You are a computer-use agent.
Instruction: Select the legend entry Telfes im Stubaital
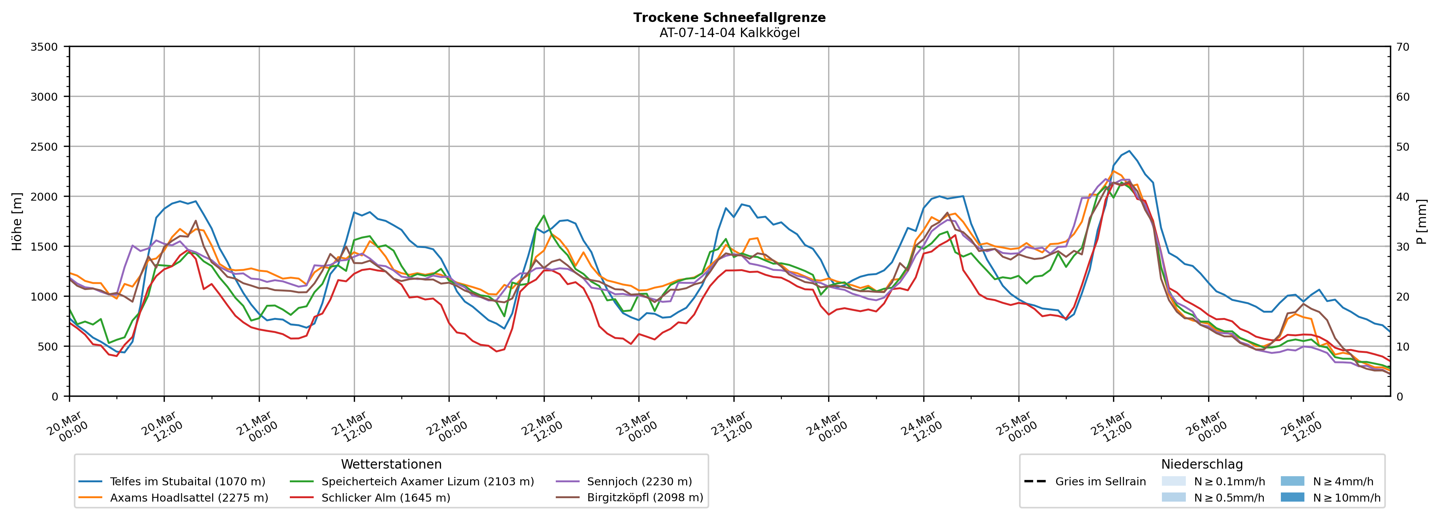click(x=187, y=482)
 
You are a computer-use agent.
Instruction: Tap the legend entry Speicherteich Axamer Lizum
click(x=428, y=482)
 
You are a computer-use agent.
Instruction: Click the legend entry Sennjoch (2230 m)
click(x=639, y=482)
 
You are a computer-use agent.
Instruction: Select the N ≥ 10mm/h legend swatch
click(x=1292, y=497)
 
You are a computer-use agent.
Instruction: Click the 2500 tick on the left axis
click(x=44, y=147)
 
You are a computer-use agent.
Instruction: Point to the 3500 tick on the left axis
click(x=44, y=47)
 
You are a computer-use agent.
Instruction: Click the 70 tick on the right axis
click(x=1402, y=47)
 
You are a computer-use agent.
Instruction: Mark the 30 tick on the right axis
click(x=1402, y=246)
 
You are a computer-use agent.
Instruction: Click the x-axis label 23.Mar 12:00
click(x=729, y=427)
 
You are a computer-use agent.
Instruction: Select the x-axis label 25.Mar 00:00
click(x=1014, y=427)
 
